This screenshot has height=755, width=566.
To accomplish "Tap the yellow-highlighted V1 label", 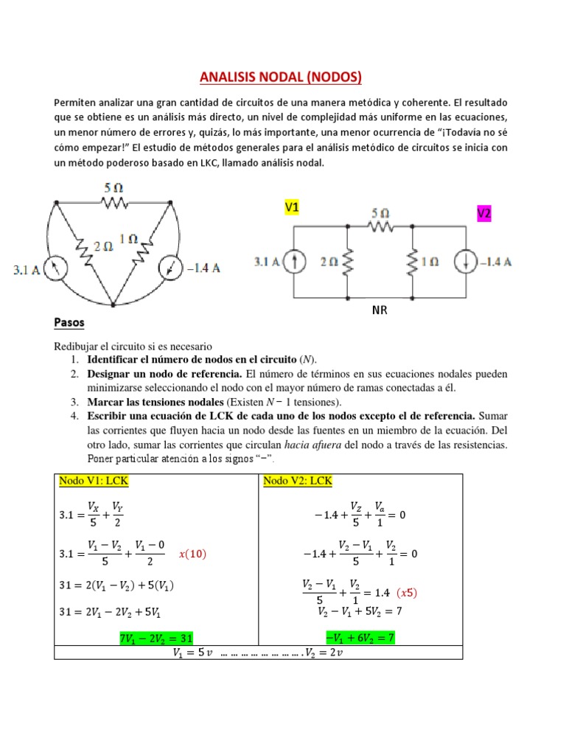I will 291,209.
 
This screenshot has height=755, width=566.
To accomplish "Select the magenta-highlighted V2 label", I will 483,213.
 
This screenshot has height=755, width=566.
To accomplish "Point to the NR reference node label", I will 379,310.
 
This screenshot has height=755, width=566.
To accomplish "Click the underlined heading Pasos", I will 69,323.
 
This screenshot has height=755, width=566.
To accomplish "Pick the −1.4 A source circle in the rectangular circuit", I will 466,261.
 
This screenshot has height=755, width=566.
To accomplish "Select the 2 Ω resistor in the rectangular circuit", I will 347,261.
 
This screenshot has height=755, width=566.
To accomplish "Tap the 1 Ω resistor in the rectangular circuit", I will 413,261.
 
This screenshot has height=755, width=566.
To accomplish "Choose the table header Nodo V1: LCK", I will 94,481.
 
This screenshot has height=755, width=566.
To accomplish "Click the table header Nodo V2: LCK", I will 297,481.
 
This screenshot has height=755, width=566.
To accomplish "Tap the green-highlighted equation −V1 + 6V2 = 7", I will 360,637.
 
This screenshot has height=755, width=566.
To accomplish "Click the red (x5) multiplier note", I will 410,593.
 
